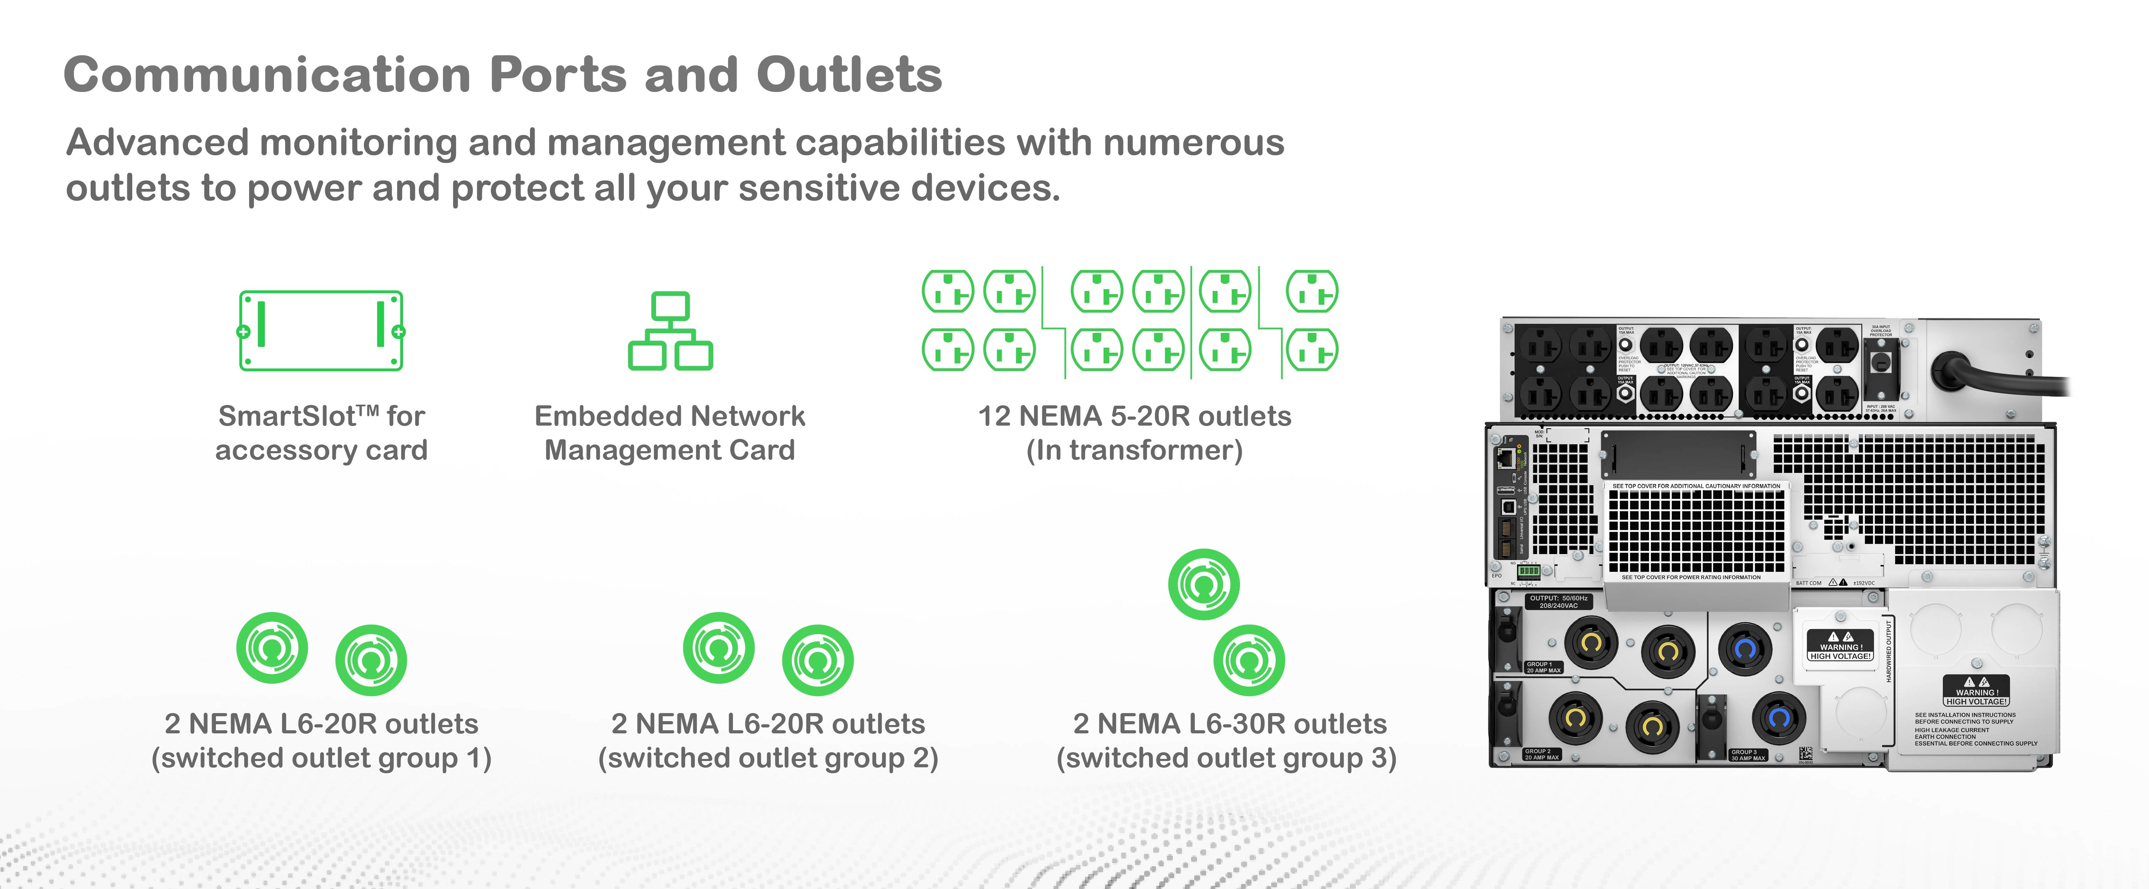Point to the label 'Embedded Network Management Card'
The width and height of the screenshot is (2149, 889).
point(670,433)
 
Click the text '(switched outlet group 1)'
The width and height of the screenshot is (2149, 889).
point(321,758)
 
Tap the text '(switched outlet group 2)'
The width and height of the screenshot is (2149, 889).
point(768,758)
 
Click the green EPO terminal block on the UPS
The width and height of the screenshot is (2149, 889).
point(1528,571)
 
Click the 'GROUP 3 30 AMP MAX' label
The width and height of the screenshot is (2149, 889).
point(1748,755)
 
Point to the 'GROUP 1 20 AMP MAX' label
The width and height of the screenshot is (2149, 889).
point(1543,667)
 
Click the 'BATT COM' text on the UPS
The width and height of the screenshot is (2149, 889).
point(1809,583)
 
